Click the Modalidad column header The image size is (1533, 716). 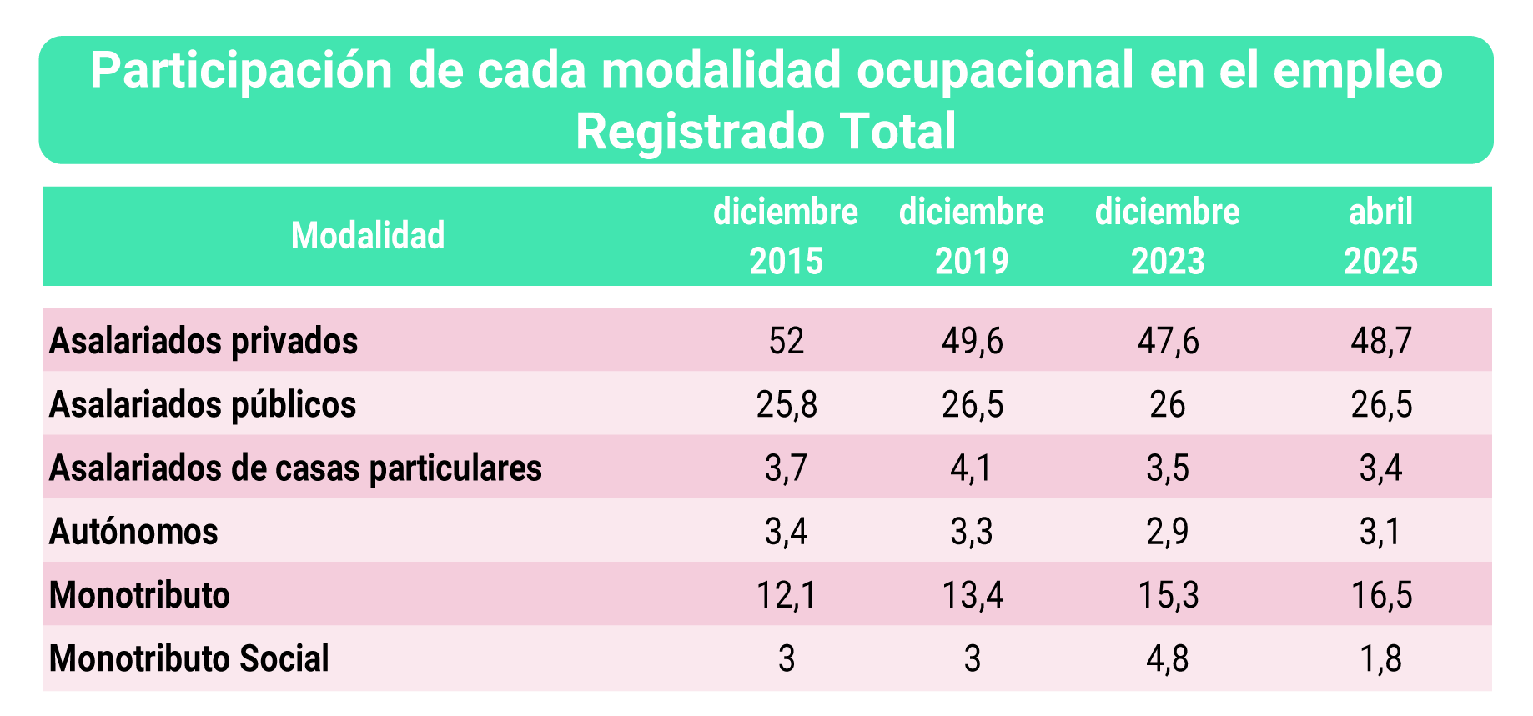(368, 236)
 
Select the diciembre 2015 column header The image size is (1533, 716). (786, 236)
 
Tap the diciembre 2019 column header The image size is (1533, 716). (972, 236)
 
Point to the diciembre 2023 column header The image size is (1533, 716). (1168, 236)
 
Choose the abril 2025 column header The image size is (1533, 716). (1381, 236)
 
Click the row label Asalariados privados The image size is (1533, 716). (204, 341)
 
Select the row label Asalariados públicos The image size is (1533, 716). (203, 404)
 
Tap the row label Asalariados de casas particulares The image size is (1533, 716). (295, 468)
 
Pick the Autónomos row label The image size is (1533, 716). (133, 532)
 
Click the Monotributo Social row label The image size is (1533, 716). (189, 658)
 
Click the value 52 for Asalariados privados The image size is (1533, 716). (786, 341)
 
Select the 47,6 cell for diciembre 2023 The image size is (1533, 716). (1168, 341)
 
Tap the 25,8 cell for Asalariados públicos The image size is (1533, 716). (786, 404)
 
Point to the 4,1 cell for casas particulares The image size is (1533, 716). (972, 468)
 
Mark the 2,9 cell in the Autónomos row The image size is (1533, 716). (1168, 532)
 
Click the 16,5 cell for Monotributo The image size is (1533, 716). (1381, 595)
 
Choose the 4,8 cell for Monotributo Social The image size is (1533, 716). (1168, 658)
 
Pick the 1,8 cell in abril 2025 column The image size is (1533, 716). (1381, 658)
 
